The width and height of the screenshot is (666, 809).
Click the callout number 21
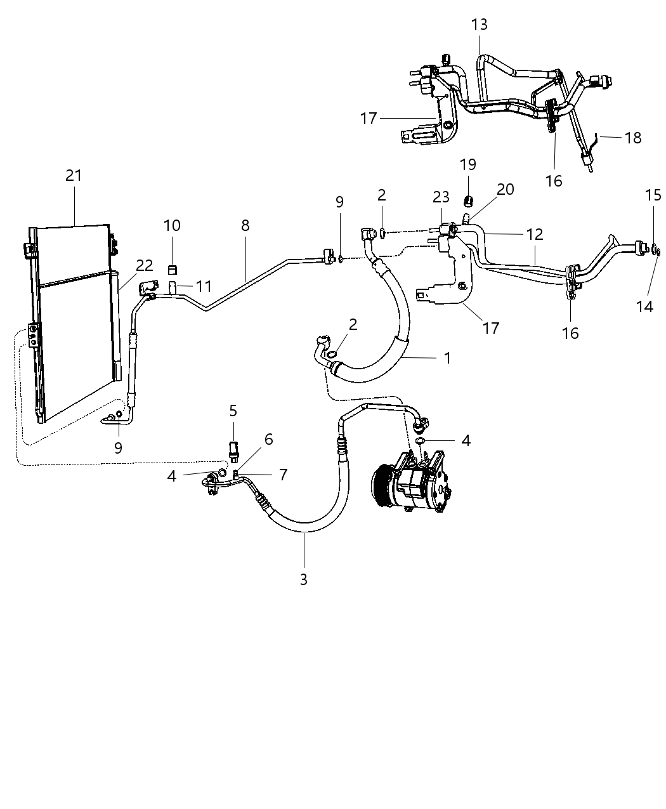coord(74,175)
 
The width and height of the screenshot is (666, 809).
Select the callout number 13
coord(480,25)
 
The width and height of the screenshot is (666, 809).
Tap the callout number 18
coord(632,138)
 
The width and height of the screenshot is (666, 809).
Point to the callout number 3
coord(304,579)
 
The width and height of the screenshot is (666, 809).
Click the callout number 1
coord(447,358)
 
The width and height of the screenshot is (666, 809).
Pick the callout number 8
coord(245,225)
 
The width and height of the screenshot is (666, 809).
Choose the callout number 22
coord(145,266)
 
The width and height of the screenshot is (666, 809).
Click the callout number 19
coord(467,165)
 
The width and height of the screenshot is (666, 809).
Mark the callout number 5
coord(233,411)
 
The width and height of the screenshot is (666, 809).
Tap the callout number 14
coord(644,306)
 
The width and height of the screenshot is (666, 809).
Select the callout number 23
coord(440,197)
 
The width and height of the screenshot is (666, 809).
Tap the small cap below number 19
coord(468,201)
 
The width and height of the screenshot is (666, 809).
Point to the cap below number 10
coord(172,270)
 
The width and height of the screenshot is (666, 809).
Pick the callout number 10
coord(171,225)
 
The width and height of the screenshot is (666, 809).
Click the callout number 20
coord(506,189)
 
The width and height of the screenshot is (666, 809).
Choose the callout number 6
coord(268,439)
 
